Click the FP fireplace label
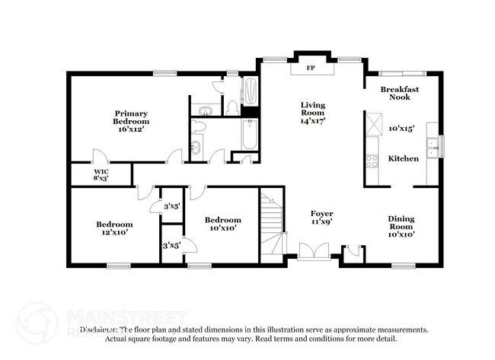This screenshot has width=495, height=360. tap(311, 68)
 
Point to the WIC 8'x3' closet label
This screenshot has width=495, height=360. tap(101, 175)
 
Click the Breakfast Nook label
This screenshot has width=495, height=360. tap(400, 94)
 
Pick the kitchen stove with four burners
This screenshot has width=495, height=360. tap(373, 161)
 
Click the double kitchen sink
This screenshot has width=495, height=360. tap(433, 147)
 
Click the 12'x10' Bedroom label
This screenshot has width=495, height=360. tap(114, 228)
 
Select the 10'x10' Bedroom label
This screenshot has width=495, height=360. tap(224, 223)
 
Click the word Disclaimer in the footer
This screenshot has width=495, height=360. tap(102, 330)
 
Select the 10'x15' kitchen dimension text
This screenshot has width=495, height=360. tap(401, 129)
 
